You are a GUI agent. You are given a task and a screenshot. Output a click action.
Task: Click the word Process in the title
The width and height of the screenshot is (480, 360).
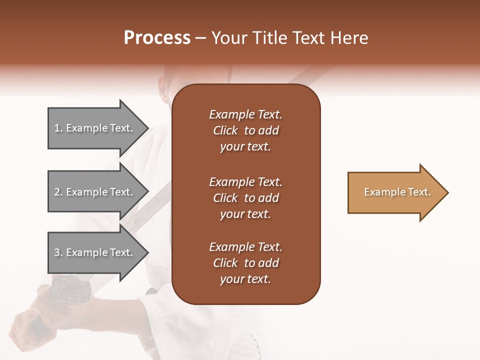point(157,38)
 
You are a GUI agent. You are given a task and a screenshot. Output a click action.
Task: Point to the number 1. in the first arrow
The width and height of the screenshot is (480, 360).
point(58,128)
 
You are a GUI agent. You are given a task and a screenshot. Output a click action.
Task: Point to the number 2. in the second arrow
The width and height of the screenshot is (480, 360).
point(58,192)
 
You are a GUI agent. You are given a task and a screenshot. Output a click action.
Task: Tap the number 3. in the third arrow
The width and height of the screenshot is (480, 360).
point(58,253)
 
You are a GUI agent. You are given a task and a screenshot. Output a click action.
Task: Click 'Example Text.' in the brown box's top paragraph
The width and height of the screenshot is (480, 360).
point(245,114)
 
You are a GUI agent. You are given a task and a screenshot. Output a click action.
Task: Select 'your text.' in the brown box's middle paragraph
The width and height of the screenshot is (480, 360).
point(245,214)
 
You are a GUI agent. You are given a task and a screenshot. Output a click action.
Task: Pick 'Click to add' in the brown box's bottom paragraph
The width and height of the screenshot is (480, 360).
point(245,263)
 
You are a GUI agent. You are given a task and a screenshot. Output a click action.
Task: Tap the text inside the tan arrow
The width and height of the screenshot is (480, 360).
point(397,192)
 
